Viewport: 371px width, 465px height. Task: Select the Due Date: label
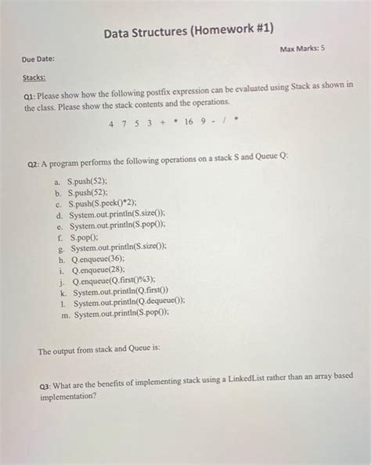[38, 59]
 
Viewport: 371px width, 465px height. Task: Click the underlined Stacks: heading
[34, 78]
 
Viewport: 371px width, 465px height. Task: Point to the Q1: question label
[33, 93]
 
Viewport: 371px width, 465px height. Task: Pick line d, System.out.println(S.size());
[116, 212]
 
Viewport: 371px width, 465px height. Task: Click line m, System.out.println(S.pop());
[121, 314]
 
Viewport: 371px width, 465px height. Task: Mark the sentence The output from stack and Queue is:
[99, 351]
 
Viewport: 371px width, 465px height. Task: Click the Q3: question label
[47, 385]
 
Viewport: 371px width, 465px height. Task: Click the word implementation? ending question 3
[68, 396]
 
